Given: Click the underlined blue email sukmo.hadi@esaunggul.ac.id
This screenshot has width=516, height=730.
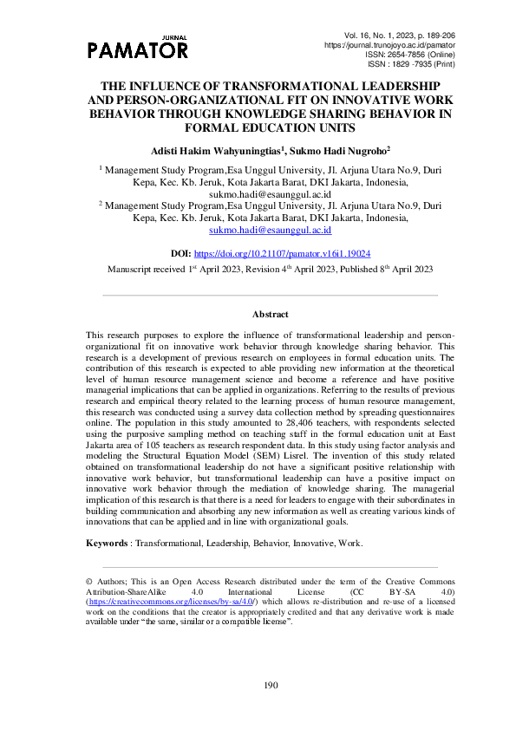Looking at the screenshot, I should point(258,231).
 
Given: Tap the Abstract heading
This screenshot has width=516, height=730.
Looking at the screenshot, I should point(270,314).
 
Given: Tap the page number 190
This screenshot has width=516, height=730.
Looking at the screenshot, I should point(270,685).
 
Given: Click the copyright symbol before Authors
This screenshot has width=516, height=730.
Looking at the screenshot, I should point(89,578).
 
